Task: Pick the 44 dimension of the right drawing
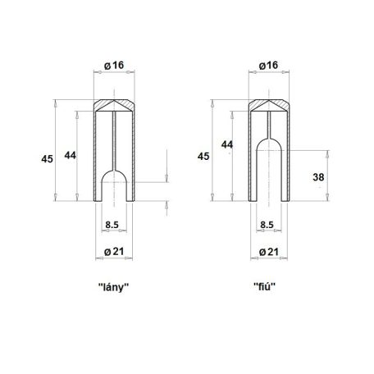pos(226,145)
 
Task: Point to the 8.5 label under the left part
pos(114,224)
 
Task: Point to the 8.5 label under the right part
pos(267,224)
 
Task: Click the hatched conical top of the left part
pos(115,106)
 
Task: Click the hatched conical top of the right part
pos(267,106)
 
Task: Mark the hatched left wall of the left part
pos(98,156)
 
